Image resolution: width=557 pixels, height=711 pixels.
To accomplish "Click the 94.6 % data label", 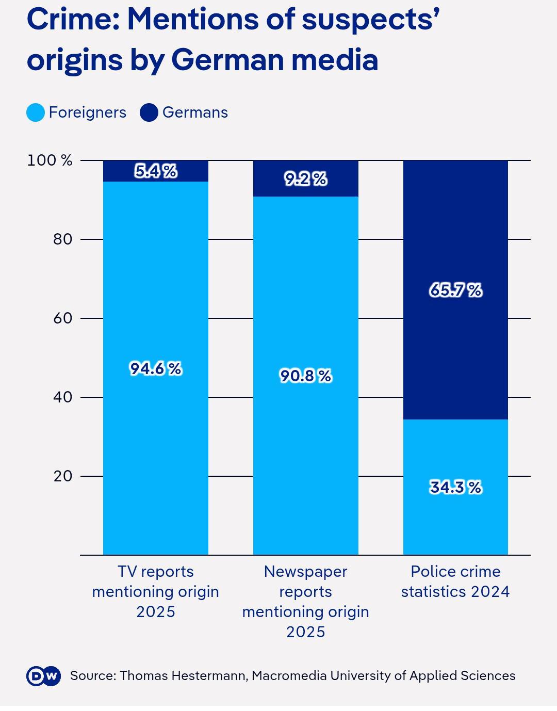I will pyautogui.click(x=155, y=369).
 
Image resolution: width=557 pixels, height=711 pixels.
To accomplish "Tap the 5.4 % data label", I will pyautogui.click(x=155, y=171).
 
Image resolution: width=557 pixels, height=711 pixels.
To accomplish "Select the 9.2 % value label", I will pyautogui.click(x=305, y=179).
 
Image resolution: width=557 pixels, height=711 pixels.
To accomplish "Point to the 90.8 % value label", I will pyautogui.click(x=305, y=376).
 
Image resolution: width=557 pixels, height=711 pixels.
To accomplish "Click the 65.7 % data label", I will pyautogui.click(x=455, y=290).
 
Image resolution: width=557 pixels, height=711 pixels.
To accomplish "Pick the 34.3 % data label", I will pyautogui.click(x=455, y=487).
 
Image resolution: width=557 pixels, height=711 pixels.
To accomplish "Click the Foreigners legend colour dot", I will pyautogui.click(x=36, y=112).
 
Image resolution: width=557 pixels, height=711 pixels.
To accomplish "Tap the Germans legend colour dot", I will pyautogui.click(x=149, y=112).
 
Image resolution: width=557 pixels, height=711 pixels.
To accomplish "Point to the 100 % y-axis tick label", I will pyautogui.click(x=50, y=160).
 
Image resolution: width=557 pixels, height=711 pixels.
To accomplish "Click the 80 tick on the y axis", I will pyautogui.click(x=62, y=239).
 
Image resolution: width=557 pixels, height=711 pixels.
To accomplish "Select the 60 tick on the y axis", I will pyautogui.click(x=62, y=318).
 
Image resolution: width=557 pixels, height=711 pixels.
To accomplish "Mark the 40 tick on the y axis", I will pyautogui.click(x=62, y=397).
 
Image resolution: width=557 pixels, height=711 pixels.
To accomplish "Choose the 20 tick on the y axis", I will pyautogui.click(x=62, y=476).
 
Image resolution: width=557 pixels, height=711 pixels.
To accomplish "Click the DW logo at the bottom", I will pyautogui.click(x=43, y=676).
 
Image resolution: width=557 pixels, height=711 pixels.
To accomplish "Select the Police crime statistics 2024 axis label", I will pyautogui.click(x=455, y=581).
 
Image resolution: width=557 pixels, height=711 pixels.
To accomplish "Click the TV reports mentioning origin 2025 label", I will pyautogui.click(x=155, y=591).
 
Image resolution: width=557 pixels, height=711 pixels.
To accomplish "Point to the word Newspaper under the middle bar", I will pyautogui.click(x=305, y=572).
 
